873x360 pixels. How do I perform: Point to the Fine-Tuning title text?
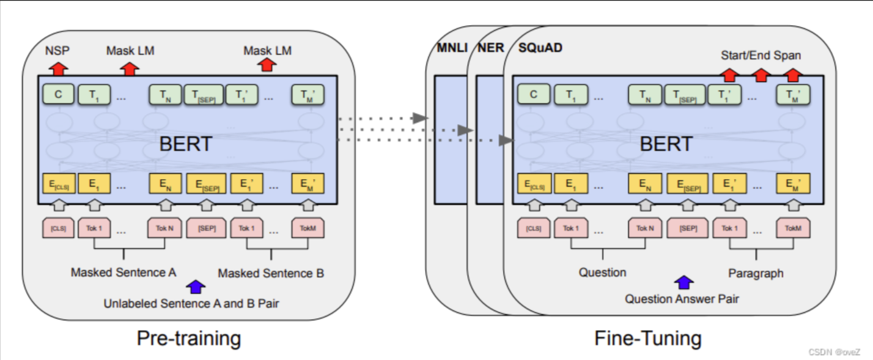648,338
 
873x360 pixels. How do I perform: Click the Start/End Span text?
761,56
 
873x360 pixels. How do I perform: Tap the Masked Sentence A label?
123,272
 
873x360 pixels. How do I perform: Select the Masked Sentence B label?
271,273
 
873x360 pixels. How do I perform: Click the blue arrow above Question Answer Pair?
684,282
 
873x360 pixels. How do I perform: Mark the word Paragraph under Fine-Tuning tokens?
756,273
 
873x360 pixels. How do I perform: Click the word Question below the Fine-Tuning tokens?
603,272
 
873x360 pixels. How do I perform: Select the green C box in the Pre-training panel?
58,94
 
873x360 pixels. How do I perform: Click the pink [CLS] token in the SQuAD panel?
534,229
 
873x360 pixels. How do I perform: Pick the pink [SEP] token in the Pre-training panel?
207,229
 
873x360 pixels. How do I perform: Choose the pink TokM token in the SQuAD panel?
793,229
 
